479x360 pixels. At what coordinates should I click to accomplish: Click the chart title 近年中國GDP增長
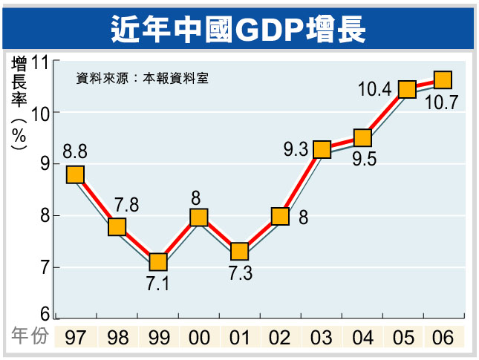tap(238, 28)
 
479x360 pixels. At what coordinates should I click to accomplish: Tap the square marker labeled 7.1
tap(157, 262)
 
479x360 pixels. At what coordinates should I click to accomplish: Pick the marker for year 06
tap(443, 79)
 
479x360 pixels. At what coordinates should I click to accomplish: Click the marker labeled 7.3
tap(239, 252)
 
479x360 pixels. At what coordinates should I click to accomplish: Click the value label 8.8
tap(75, 152)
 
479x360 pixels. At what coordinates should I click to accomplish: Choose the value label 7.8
tap(126, 205)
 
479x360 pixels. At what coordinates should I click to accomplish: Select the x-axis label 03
tap(322, 338)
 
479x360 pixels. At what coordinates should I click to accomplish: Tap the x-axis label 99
tap(157, 338)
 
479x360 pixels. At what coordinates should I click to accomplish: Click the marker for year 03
tap(322, 150)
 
